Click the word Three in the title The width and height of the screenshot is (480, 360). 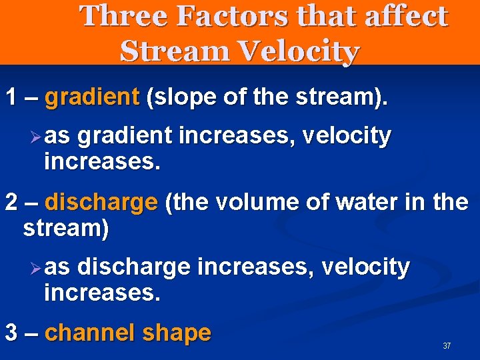point(124,16)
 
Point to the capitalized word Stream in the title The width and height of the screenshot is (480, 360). point(169,51)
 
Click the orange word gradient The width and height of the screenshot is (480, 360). point(91,98)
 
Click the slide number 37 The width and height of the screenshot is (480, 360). point(447,346)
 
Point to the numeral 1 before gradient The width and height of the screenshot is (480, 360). point(11,98)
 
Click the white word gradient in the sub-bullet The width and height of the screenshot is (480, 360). point(126,137)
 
